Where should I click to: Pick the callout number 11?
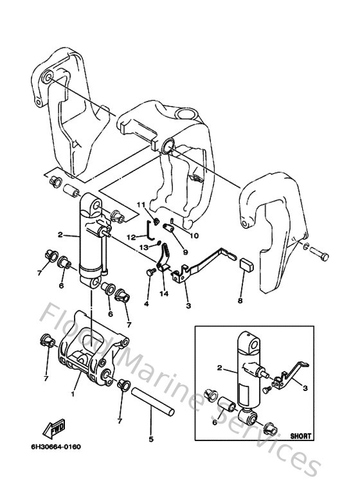[138, 204]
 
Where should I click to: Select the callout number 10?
[194, 235]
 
